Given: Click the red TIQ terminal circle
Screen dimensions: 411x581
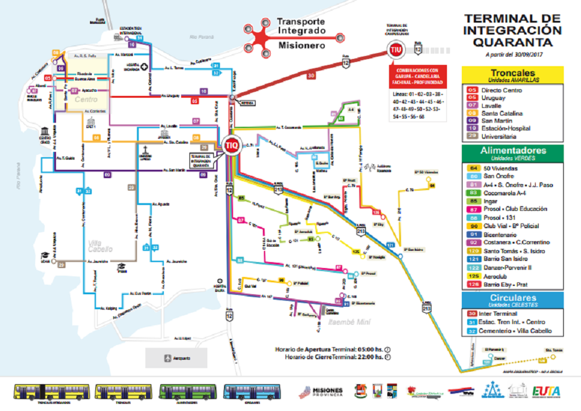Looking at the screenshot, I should pyautogui.click(x=231, y=145).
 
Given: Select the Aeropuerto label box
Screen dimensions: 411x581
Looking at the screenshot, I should pyautogui.click(x=176, y=358).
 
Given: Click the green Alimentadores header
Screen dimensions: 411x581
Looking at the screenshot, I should pyautogui.click(x=512, y=154).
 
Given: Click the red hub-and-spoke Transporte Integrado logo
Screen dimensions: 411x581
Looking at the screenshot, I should pyautogui.click(x=262, y=38).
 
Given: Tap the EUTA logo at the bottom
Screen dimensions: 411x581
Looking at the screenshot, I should pyautogui.click(x=546, y=392).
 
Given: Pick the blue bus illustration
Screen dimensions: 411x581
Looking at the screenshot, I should pyautogui.click(x=247, y=392).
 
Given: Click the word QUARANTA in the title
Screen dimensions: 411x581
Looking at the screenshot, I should pyautogui.click(x=512, y=42).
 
